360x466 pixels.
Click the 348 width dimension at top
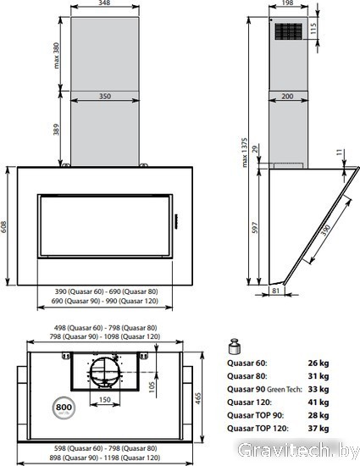click(104, 3)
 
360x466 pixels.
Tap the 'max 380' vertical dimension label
click(56, 56)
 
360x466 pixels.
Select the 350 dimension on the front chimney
click(105, 96)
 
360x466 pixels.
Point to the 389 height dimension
click(56, 130)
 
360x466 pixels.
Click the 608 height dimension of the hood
click(3, 226)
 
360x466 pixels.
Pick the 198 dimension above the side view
click(287, 3)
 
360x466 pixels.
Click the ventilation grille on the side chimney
click(289, 31)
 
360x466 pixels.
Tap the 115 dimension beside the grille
click(313, 28)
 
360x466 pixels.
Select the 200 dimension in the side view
click(287, 96)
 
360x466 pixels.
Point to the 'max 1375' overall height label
click(245, 153)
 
